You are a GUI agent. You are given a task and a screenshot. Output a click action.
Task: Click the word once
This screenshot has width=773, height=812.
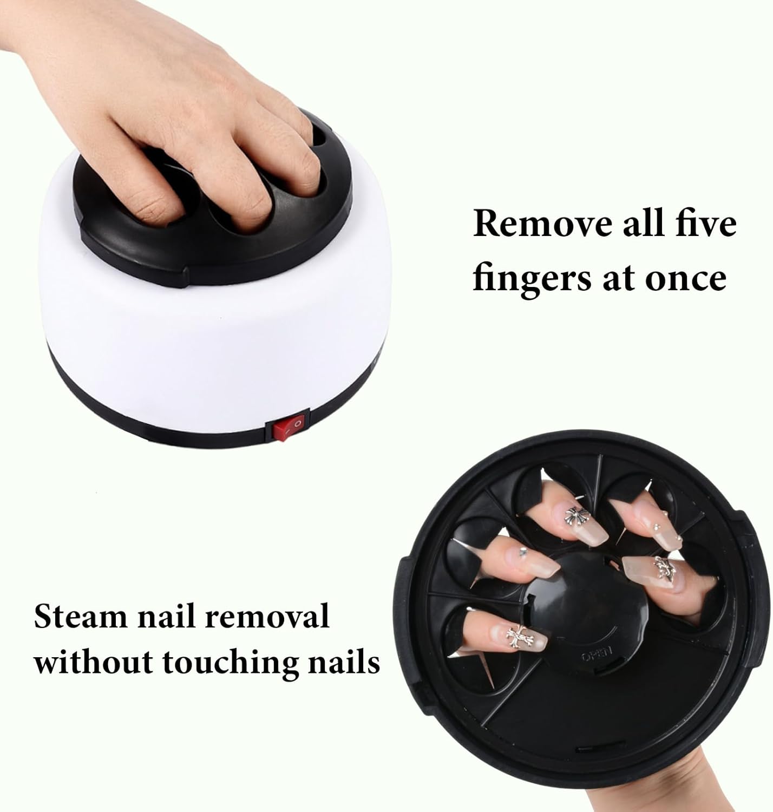pyautogui.click(x=686, y=278)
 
